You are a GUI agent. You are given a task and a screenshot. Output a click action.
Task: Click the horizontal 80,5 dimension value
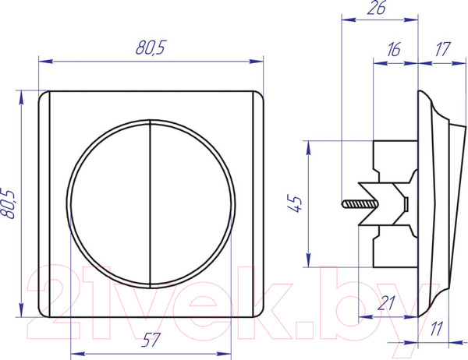point(150,48)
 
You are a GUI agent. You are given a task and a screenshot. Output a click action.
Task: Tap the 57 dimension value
point(151,340)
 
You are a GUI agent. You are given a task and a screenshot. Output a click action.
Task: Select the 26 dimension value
point(376,8)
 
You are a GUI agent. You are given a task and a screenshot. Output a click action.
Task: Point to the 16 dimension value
point(393,50)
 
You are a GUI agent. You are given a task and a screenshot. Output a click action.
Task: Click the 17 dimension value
point(441,50)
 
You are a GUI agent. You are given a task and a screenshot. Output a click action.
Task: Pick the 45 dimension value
point(295,203)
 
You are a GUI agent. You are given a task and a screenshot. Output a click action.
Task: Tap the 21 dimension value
point(386,303)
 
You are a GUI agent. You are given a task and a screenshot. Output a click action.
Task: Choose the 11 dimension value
point(437,329)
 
